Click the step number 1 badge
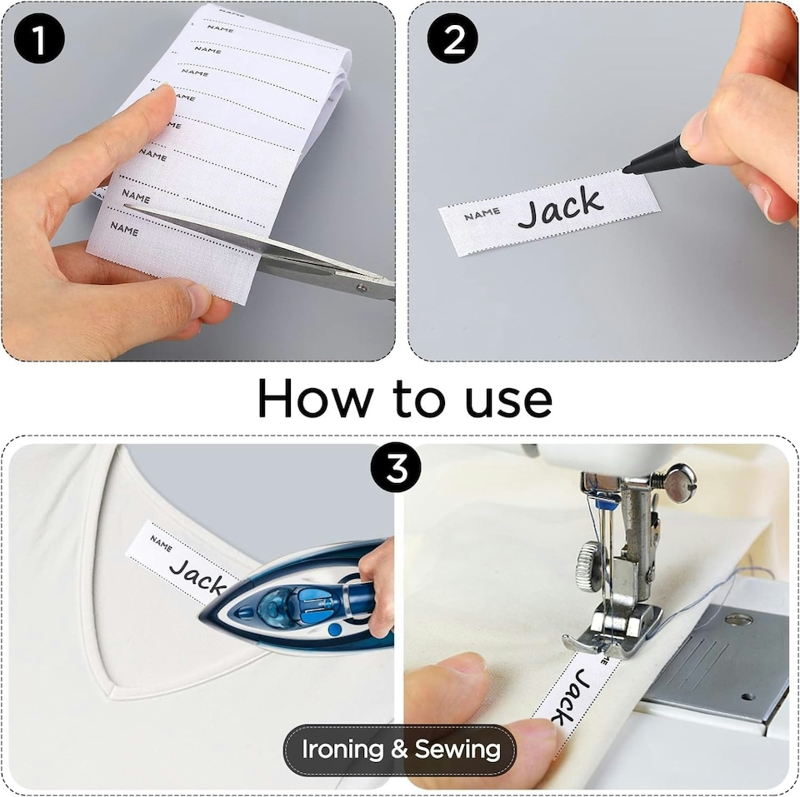(x=39, y=39)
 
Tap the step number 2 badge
(x=453, y=39)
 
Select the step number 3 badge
(x=396, y=468)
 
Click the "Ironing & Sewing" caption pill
(x=400, y=749)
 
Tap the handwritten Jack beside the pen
(x=559, y=208)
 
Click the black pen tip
(x=633, y=167)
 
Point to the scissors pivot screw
(x=360, y=289)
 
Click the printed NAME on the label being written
(x=482, y=214)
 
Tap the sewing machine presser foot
(x=612, y=625)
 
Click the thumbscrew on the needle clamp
(x=679, y=484)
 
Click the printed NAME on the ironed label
(x=160, y=544)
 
